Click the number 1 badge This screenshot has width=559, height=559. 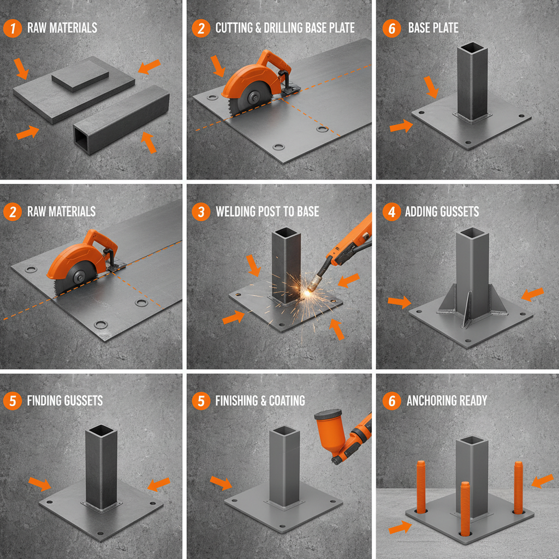(13, 28)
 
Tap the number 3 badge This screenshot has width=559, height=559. (201, 211)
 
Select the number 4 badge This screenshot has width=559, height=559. (391, 211)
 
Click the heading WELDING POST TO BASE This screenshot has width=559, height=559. (267, 211)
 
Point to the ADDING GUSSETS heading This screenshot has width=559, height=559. (442, 211)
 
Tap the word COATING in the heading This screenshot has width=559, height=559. (286, 401)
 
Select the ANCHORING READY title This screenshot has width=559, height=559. (447, 401)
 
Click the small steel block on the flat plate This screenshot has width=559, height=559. (79, 75)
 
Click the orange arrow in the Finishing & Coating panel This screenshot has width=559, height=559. (221, 483)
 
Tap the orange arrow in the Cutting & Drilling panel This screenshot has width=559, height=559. (218, 66)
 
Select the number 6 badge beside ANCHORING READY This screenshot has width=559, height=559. (391, 401)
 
